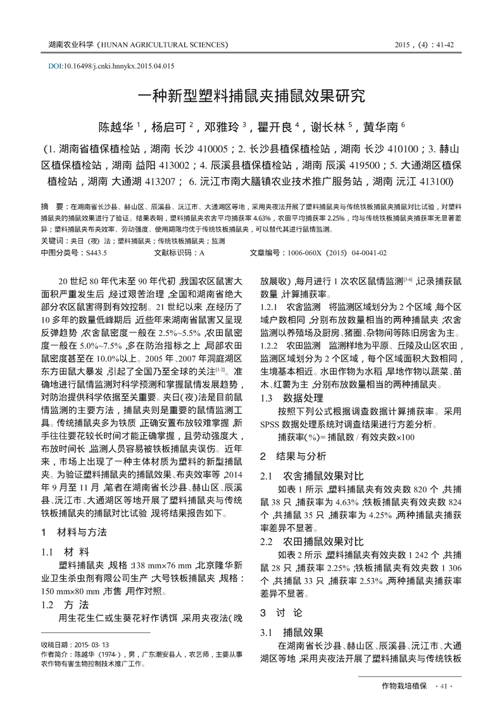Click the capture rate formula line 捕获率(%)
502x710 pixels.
pyautogui.click(x=346, y=437)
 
